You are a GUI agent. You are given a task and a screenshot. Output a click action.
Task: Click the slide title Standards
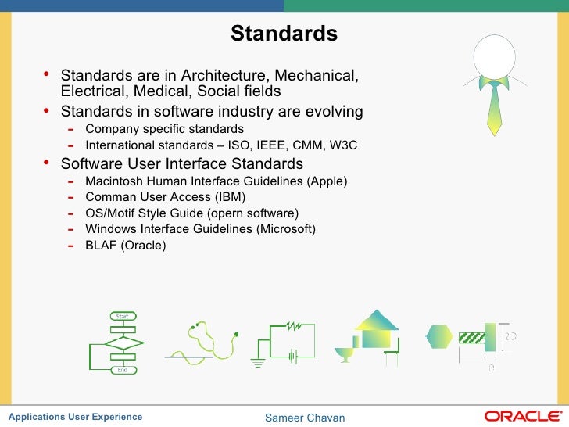284,34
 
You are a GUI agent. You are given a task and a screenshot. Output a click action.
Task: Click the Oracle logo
521,416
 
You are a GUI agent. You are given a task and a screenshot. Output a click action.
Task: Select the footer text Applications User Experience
75,417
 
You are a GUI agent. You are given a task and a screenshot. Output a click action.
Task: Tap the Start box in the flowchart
123,316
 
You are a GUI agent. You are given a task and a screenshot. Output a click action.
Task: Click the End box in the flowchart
123,369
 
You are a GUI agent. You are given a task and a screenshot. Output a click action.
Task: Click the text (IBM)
230,197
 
